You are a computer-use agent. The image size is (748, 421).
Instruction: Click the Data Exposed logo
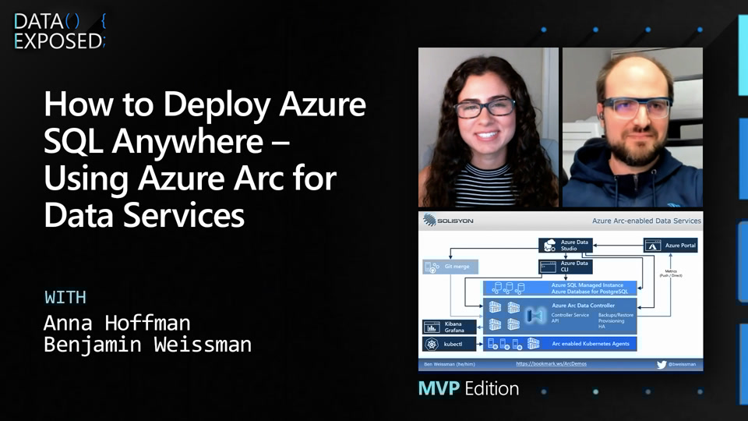point(59,31)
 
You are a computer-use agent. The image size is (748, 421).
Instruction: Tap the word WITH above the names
point(65,297)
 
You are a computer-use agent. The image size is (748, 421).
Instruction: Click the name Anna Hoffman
point(117,322)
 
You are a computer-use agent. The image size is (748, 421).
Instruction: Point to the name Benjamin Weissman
point(147,344)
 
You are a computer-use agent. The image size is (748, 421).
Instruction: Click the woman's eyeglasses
point(485,108)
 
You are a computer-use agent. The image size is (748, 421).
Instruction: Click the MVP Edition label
point(468,387)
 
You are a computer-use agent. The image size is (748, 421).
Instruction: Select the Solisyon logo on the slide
point(448,221)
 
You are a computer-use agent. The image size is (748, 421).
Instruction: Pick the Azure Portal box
point(671,246)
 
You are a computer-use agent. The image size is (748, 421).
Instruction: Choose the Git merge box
point(448,267)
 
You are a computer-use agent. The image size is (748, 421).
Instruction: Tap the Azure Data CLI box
point(566,267)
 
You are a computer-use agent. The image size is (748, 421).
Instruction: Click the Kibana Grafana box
point(448,327)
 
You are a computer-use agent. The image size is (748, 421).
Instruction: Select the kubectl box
point(448,344)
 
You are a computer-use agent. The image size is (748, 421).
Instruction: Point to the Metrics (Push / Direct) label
point(671,274)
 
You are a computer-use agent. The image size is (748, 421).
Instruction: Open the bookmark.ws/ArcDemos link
point(552,364)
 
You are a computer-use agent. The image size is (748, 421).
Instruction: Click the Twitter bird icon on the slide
point(662,364)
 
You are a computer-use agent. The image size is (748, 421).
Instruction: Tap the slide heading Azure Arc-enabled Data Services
point(646,221)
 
